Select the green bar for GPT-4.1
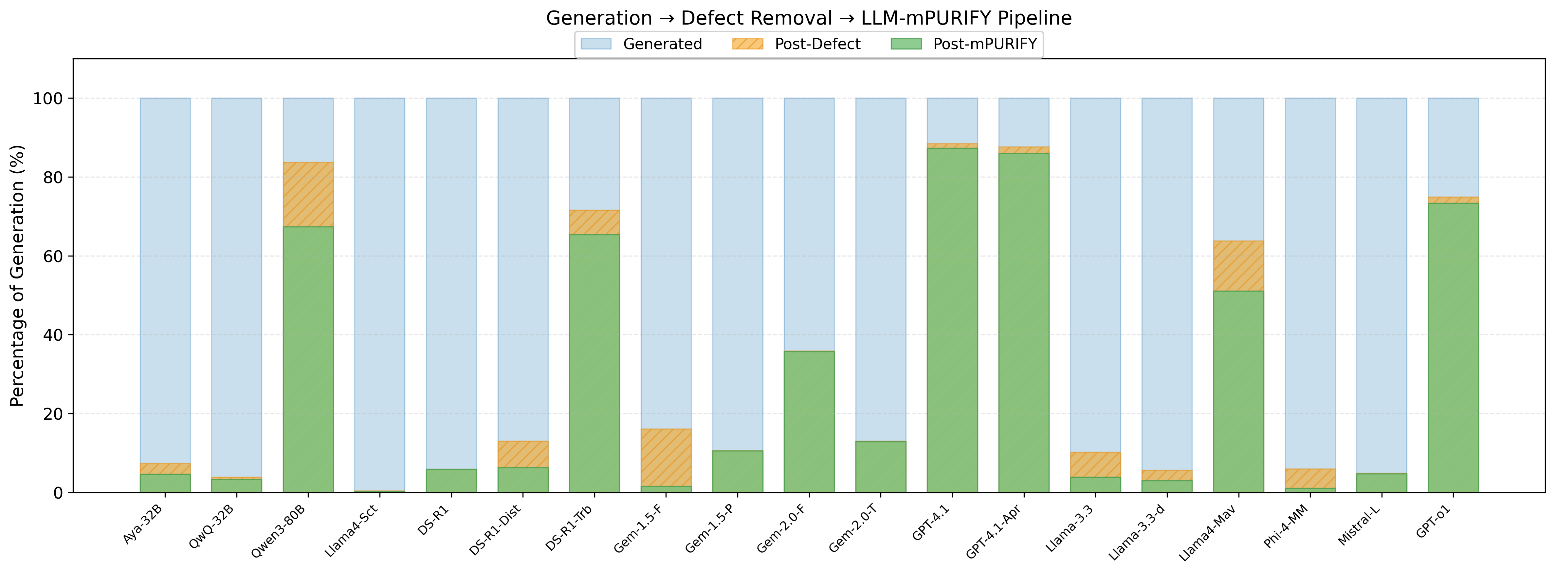point(952,320)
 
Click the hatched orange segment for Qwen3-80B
point(308,194)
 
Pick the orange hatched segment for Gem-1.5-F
point(666,457)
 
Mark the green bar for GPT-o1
point(1453,347)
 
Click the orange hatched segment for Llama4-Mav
point(1238,266)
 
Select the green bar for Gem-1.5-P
point(737,471)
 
